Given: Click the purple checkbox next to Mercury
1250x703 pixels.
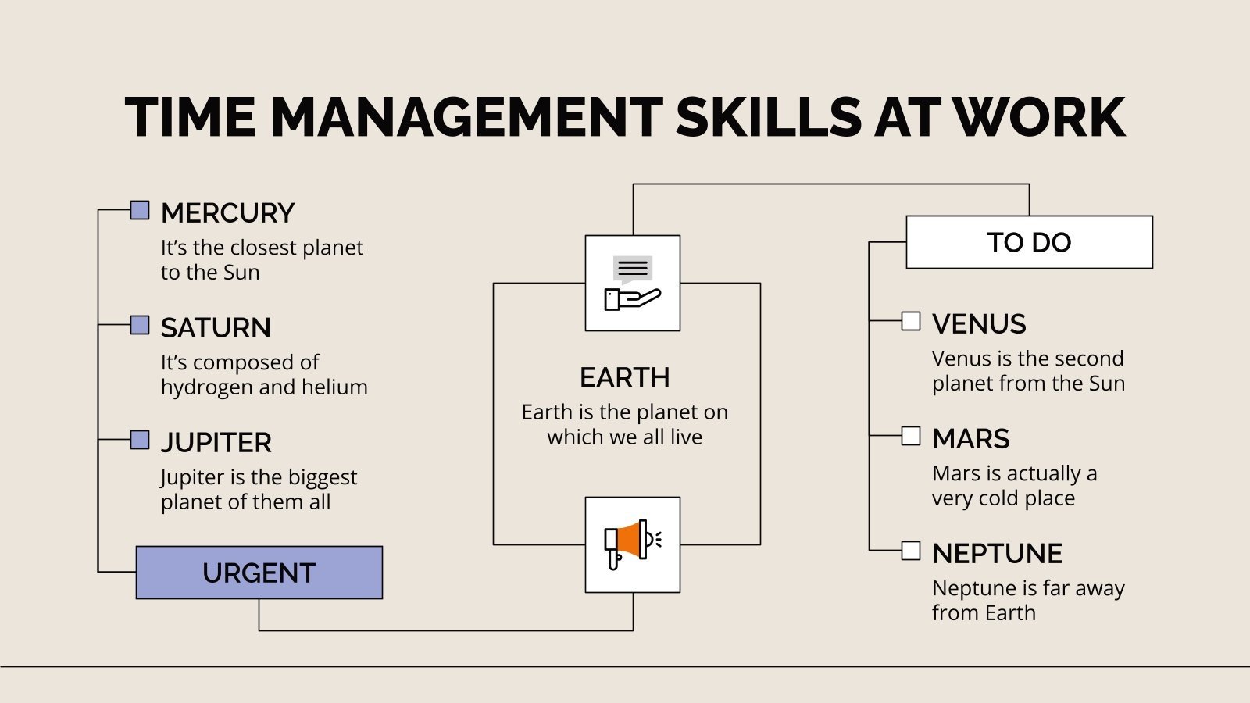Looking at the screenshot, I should click(140, 210).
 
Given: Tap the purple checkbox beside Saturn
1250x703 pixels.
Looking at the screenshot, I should click(140, 325).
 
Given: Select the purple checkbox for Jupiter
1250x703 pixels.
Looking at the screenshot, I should click(140, 440).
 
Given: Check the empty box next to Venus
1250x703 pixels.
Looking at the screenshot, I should click(911, 321).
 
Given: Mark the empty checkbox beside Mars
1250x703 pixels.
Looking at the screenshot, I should click(911, 436).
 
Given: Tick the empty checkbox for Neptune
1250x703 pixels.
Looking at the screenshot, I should click(911, 551).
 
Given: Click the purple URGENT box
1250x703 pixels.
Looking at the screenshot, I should click(259, 573).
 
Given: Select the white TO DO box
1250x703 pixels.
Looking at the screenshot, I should click(1029, 242).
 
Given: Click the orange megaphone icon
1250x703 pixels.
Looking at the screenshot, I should click(632, 544).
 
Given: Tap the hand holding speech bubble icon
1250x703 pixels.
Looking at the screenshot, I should click(632, 283).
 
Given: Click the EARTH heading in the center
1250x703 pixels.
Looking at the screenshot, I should click(625, 377).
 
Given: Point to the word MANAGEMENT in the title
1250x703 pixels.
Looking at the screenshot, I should click(466, 118).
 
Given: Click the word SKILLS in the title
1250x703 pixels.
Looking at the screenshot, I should click(769, 118).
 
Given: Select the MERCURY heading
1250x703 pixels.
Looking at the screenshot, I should click(227, 212).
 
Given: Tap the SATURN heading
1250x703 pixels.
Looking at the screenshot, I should click(216, 327).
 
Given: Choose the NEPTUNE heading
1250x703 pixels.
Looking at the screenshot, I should click(997, 553).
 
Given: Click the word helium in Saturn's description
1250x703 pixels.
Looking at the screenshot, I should click(334, 387).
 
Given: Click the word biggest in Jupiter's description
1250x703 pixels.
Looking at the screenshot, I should click(312, 477).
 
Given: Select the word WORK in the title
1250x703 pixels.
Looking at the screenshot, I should click(1039, 118).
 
